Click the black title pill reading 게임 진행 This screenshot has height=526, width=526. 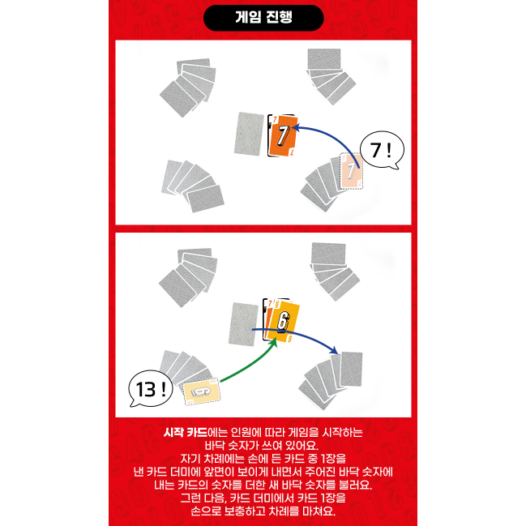[263, 18]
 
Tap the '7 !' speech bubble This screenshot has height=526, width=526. [382, 150]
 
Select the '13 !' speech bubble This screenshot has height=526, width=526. [151, 389]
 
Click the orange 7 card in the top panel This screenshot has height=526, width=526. [284, 136]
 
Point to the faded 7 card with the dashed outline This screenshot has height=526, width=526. [351, 171]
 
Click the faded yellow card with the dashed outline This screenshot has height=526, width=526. [202, 391]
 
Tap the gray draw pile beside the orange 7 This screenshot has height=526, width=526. [249, 135]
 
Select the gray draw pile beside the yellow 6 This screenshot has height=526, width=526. [243, 324]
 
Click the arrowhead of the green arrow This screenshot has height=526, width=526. [274, 343]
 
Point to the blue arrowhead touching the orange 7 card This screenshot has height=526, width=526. [296, 127]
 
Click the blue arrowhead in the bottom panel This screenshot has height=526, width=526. [334, 350]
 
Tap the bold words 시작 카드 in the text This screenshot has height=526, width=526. [186, 432]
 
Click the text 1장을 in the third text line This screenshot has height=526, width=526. [333, 459]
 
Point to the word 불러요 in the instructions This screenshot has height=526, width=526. [356, 485]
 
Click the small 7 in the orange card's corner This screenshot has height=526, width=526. [275, 120]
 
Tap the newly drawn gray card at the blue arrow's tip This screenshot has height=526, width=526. [351, 369]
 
